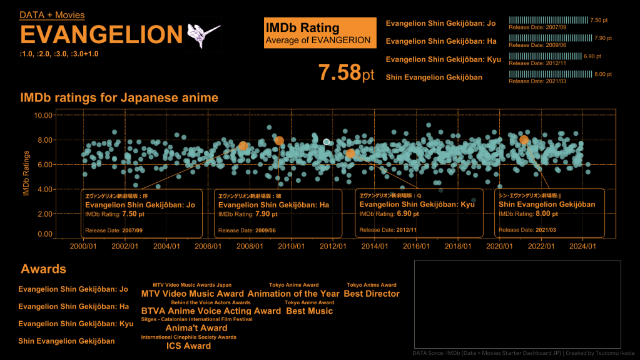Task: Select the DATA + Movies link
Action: pyautogui.click(x=52, y=15)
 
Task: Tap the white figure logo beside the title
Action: pyautogui.click(x=204, y=34)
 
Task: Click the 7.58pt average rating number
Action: pyautogui.click(x=346, y=73)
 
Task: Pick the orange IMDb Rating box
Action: pyautogui.click(x=320, y=33)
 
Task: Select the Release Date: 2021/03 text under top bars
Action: pyautogui.click(x=538, y=81)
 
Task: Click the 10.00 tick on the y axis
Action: pyautogui.click(x=43, y=116)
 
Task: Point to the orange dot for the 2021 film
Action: pyautogui.click(x=524, y=140)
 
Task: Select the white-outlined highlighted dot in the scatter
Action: pyautogui.click(x=327, y=142)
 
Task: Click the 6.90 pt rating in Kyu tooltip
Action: pyautogui.click(x=407, y=214)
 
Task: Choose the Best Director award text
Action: pyautogui.click(x=372, y=294)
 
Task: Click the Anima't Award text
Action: pyautogui.click(x=196, y=328)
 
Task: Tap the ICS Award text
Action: pyautogui.click(x=188, y=346)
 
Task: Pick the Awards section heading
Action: pyautogui.click(x=43, y=269)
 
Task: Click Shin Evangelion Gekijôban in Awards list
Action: pyautogui.click(x=66, y=341)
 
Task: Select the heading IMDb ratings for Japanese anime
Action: pyautogui.click(x=119, y=98)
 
